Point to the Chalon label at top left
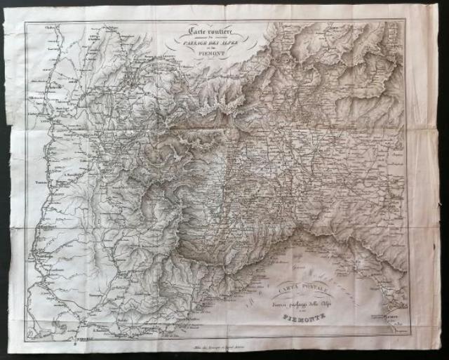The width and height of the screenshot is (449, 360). [30, 29]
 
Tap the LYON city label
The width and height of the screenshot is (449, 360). [36, 107]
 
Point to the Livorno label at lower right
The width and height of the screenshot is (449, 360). [396, 317]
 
